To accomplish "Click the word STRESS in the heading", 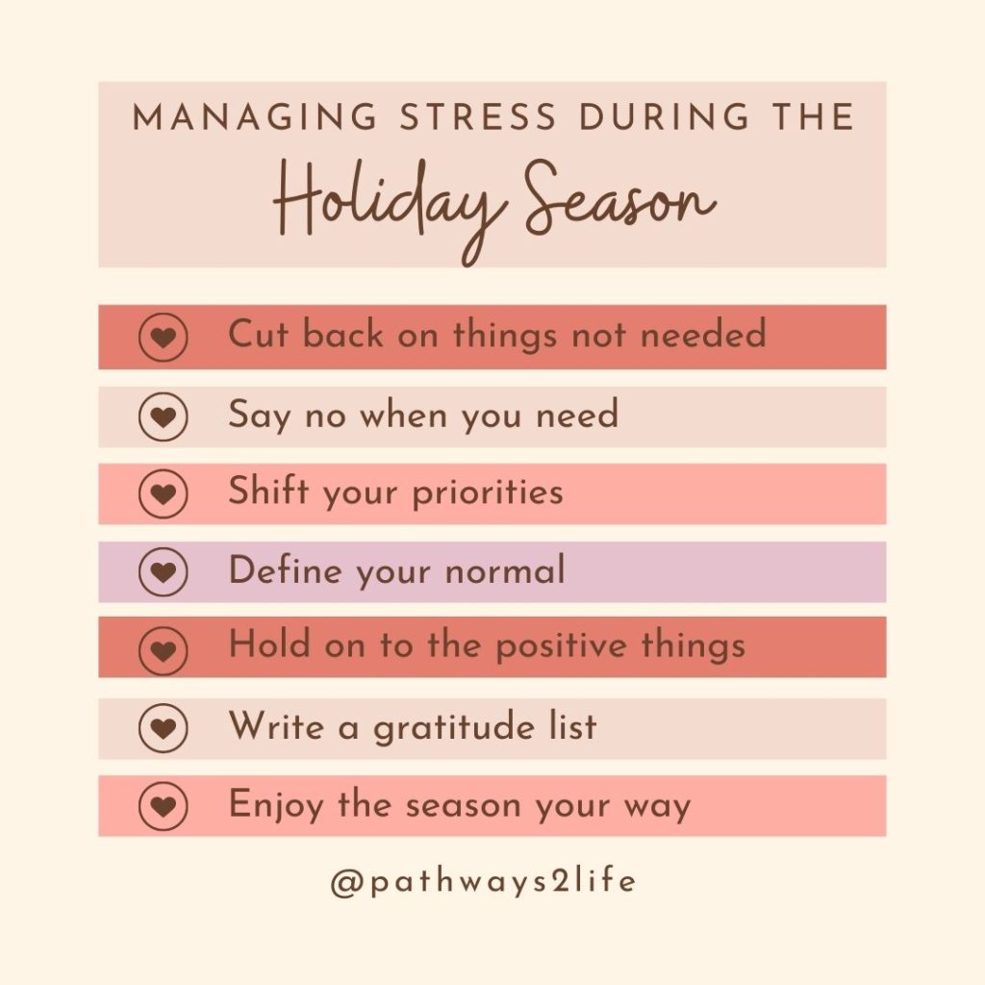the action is pyautogui.click(x=479, y=116).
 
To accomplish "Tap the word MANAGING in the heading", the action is pyautogui.click(x=256, y=116).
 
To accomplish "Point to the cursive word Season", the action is pyautogui.click(x=620, y=198).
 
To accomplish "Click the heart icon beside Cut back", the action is pyautogui.click(x=163, y=337).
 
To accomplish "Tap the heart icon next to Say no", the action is pyautogui.click(x=163, y=417).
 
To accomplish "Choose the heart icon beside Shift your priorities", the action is pyautogui.click(x=163, y=493).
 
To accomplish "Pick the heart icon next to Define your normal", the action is pyautogui.click(x=163, y=571).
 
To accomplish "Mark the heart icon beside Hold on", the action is pyautogui.click(x=163, y=650).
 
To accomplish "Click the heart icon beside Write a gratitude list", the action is pyautogui.click(x=163, y=728).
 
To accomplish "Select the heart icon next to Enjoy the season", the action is pyautogui.click(x=163, y=806).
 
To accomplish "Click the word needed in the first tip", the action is pyautogui.click(x=703, y=334).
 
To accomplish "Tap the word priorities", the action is pyautogui.click(x=488, y=492).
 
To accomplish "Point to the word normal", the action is pyautogui.click(x=505, y=569).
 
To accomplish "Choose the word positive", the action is pyautogui.click(x=561, y=646).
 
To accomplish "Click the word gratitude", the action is pyautogui.click(x=454, y=727).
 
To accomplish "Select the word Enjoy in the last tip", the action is pyautogui.click(x=275, y=805).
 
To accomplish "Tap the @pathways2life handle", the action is pyautogui.click(x=483, y=881).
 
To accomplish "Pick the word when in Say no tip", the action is pyautogui.click(x=403, y=415).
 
